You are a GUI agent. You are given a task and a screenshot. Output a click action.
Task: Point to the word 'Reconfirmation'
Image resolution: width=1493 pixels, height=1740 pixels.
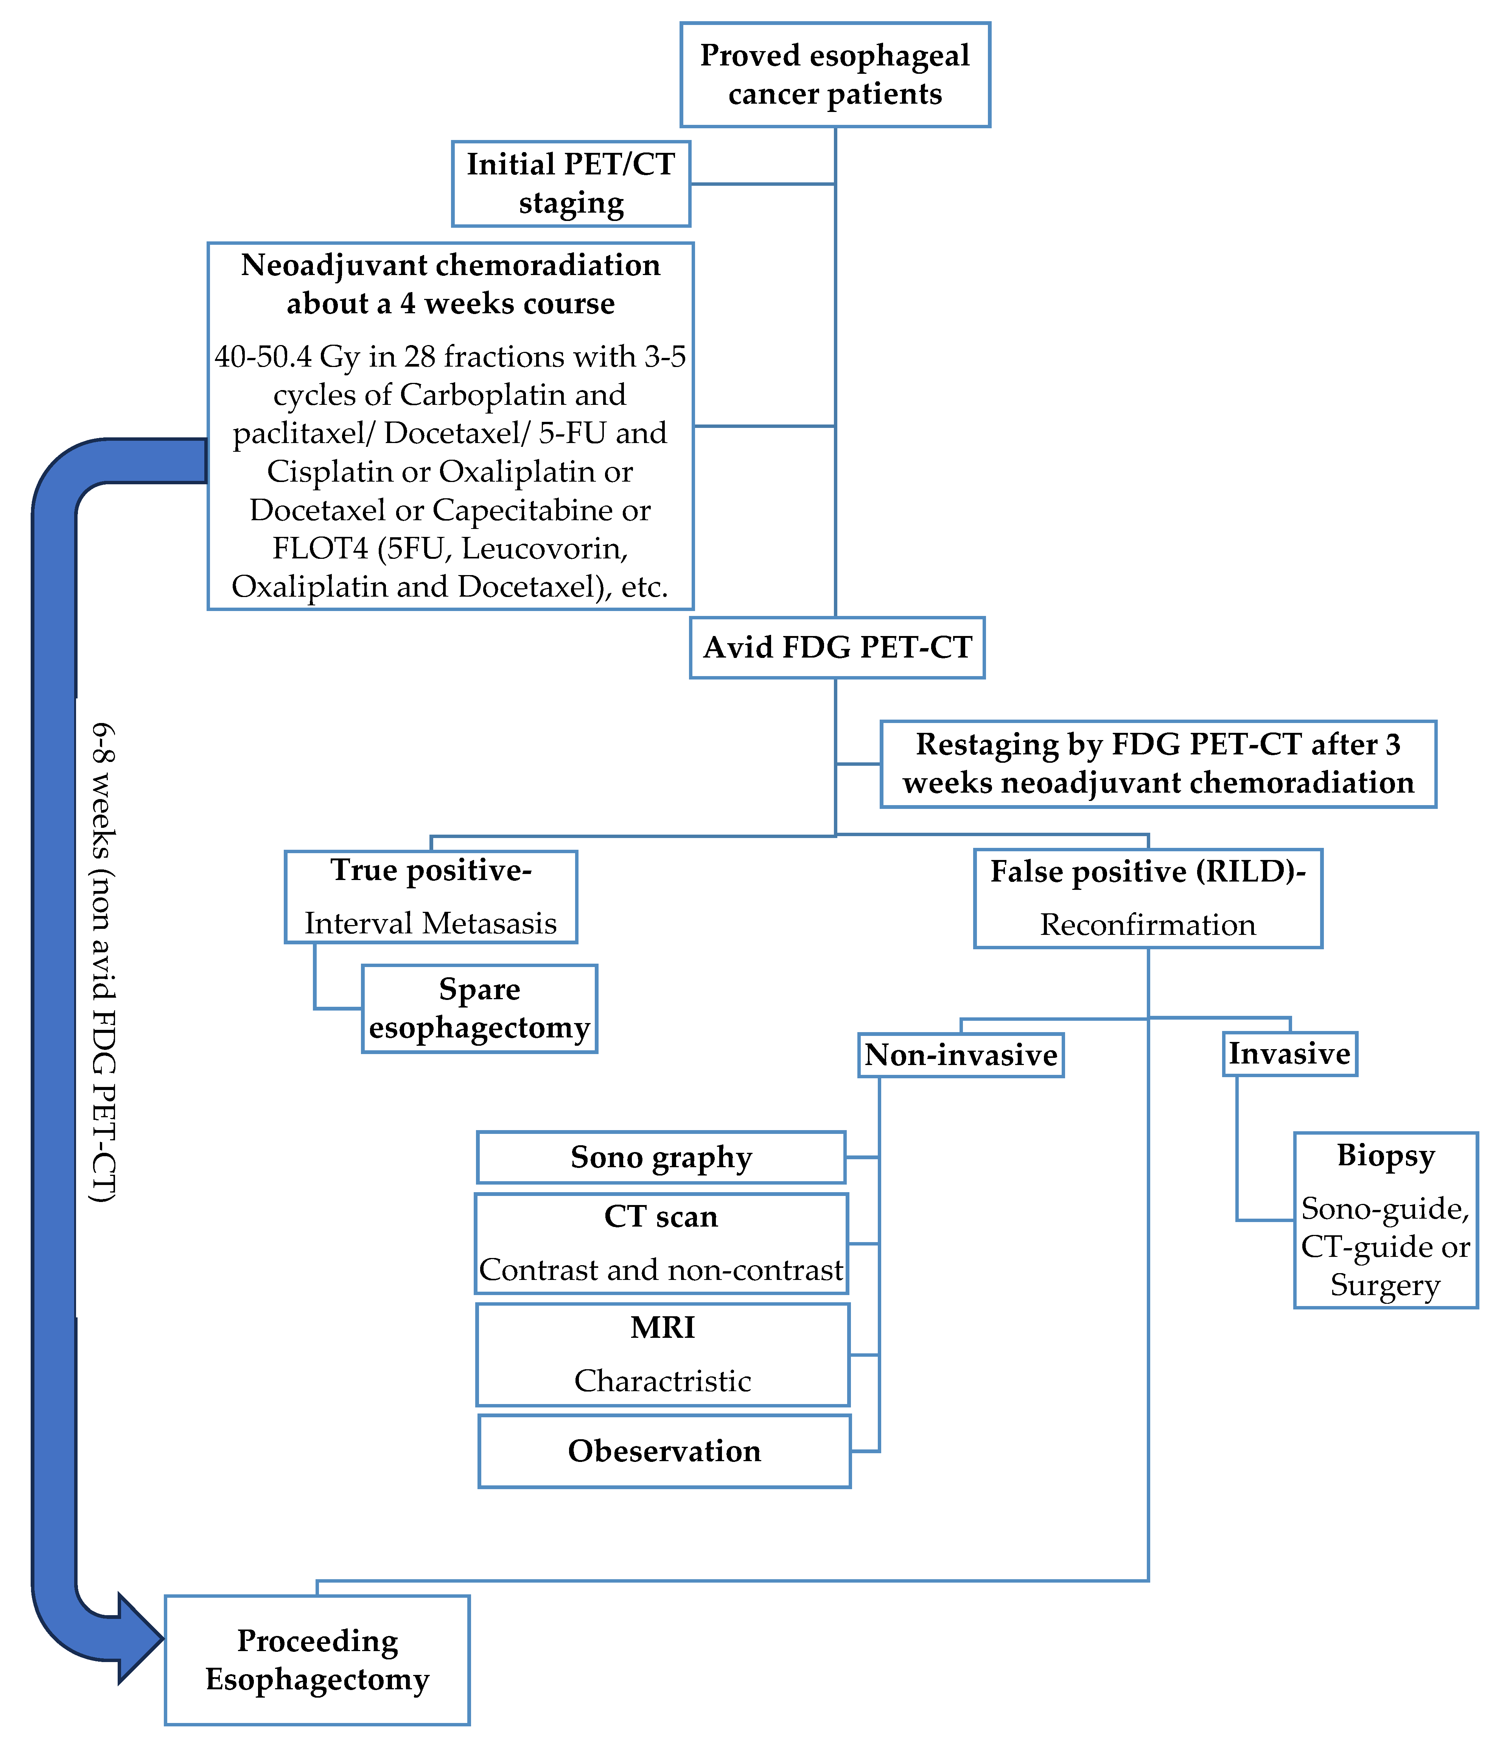(x=1148, y=925)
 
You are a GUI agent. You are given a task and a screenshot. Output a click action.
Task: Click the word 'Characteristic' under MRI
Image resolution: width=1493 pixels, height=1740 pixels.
(x=663, y=1381)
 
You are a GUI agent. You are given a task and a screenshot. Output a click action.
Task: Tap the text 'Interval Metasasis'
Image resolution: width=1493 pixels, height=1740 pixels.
(x=431, y=923)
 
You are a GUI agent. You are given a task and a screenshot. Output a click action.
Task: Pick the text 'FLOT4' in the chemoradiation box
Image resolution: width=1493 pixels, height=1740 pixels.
(x=320, y=548)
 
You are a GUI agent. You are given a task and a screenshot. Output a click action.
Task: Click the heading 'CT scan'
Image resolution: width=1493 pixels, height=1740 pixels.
(x=661, y=1217)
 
